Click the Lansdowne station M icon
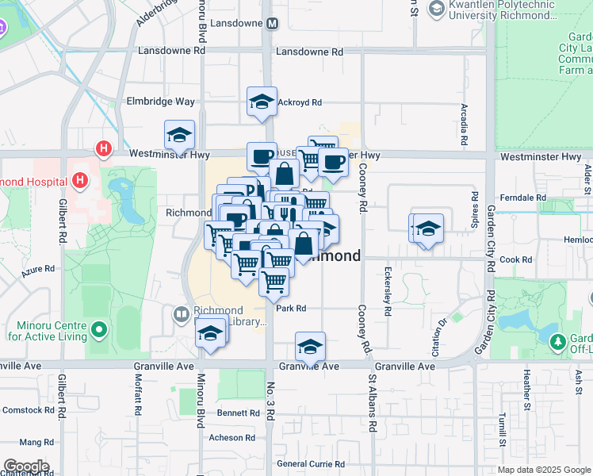point(272,23)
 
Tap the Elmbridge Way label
point(161,102)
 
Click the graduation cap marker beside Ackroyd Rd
point(262,102)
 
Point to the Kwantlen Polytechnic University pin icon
point(435,9)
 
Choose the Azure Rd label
point(37,270)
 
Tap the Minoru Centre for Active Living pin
point(98,328)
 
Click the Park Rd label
point(291,309)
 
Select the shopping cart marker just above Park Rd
point(274,282)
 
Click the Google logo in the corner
point(25,466)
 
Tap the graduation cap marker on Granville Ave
point(310,347)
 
